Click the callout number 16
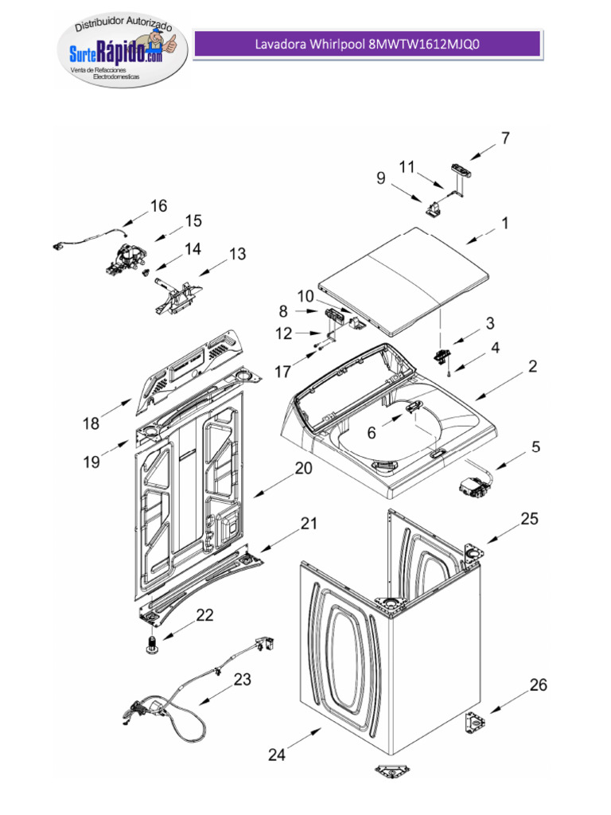pos(159,206)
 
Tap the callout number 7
pos(504,138)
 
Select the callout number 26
pos(539,684)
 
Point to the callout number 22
pos(204,615)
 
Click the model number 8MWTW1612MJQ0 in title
pos(425,45)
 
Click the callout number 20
pos(303,469)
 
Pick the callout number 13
pos(238,254)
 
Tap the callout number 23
pos(243,680)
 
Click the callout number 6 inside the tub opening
pos(371,432)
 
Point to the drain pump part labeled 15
pos(126,259)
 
